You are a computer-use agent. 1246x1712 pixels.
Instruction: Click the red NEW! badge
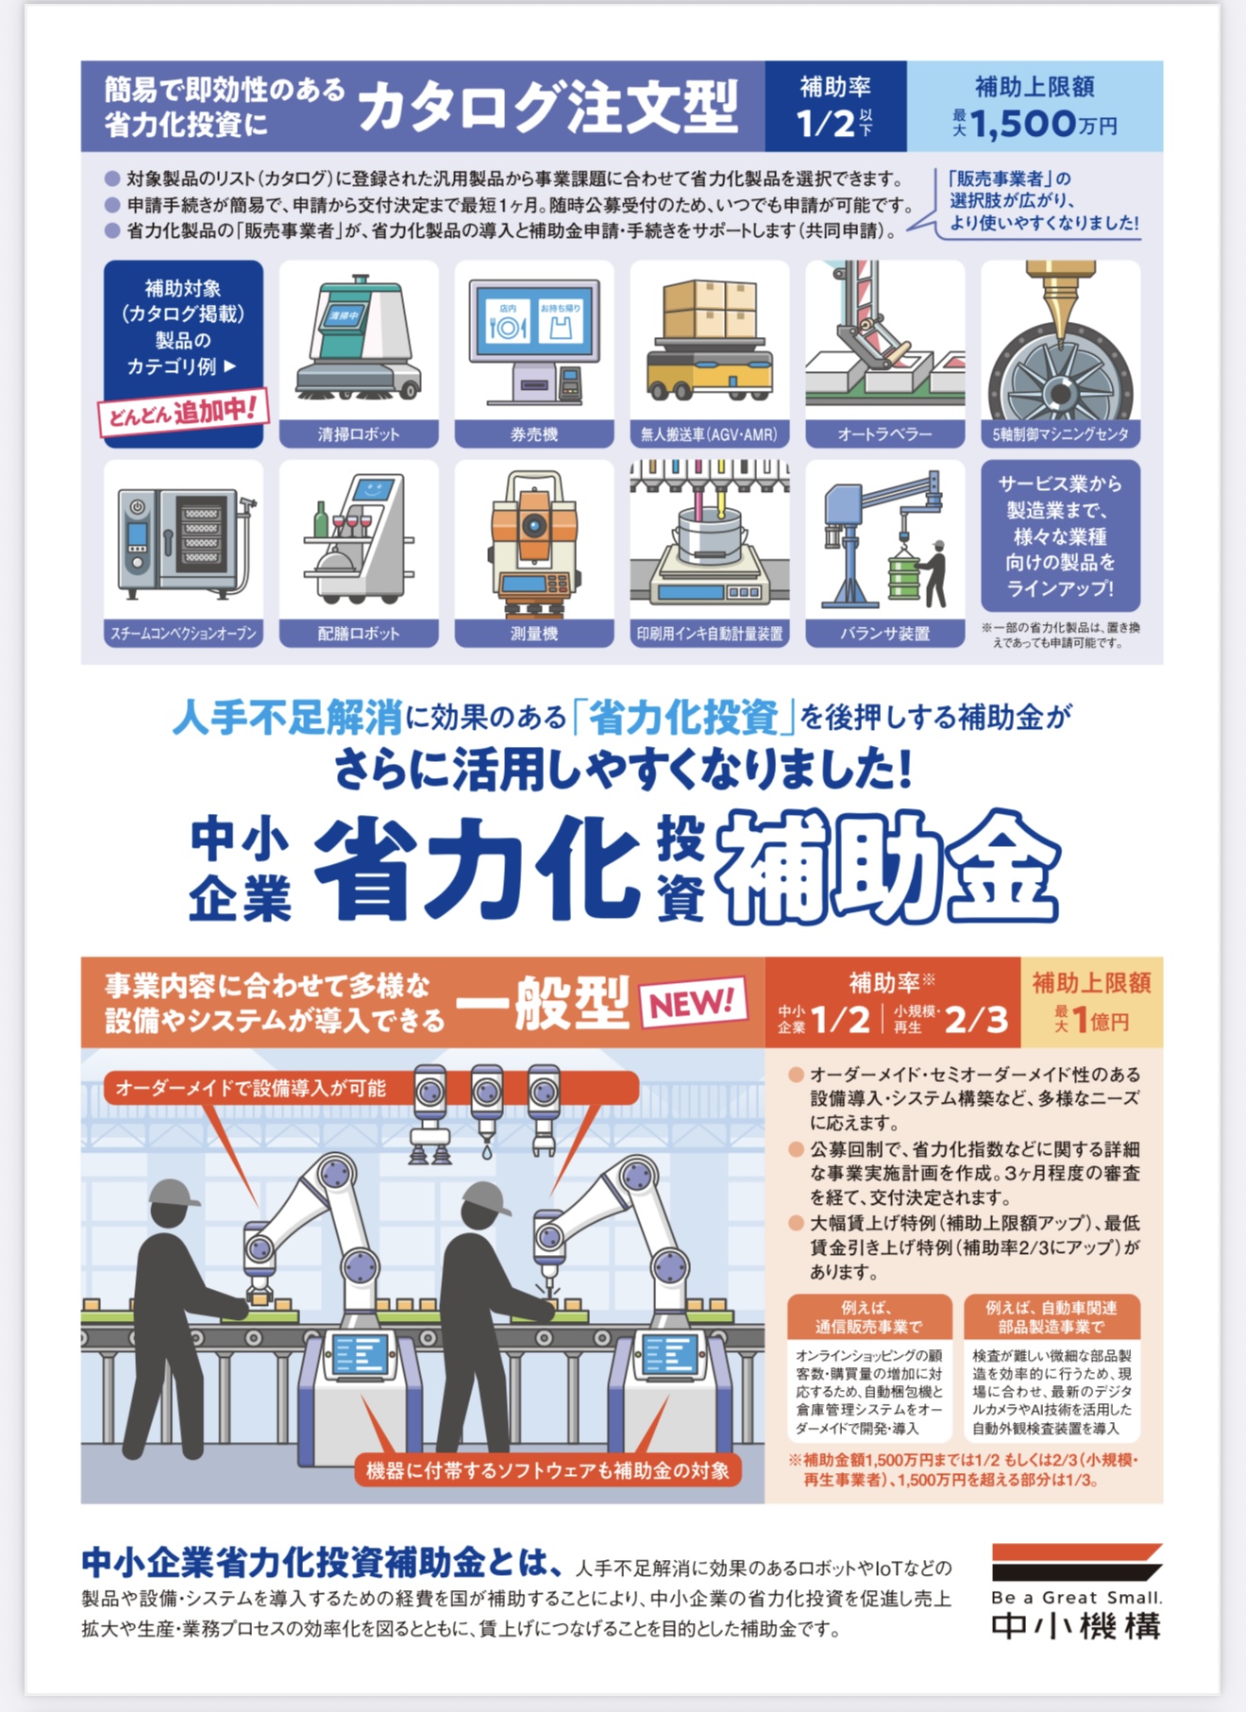693,1001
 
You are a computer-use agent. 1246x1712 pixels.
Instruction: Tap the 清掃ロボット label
359,434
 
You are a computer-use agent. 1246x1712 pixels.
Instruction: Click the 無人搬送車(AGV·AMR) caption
710,434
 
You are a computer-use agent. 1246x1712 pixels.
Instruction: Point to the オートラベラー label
885,434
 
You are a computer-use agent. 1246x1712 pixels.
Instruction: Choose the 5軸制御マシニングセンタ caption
1061,434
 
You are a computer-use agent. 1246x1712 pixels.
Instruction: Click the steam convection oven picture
185,542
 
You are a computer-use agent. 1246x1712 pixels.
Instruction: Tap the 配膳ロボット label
359,634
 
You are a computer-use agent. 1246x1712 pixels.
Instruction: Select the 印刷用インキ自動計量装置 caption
710,634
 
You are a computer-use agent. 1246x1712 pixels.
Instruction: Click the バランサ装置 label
885,634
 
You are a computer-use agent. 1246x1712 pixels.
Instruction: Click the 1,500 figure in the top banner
1023,124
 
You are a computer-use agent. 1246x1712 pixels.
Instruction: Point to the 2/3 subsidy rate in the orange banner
976,1019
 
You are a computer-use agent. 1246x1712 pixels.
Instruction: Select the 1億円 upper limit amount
1098,1021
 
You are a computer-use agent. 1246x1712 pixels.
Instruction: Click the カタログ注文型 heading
547,107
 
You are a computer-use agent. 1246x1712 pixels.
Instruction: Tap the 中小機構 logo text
1076,1626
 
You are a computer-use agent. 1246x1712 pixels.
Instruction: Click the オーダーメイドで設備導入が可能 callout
251,1088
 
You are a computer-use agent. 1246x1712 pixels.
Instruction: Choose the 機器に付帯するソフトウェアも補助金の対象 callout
547,1470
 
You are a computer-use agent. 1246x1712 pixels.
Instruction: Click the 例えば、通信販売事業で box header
869,1316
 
